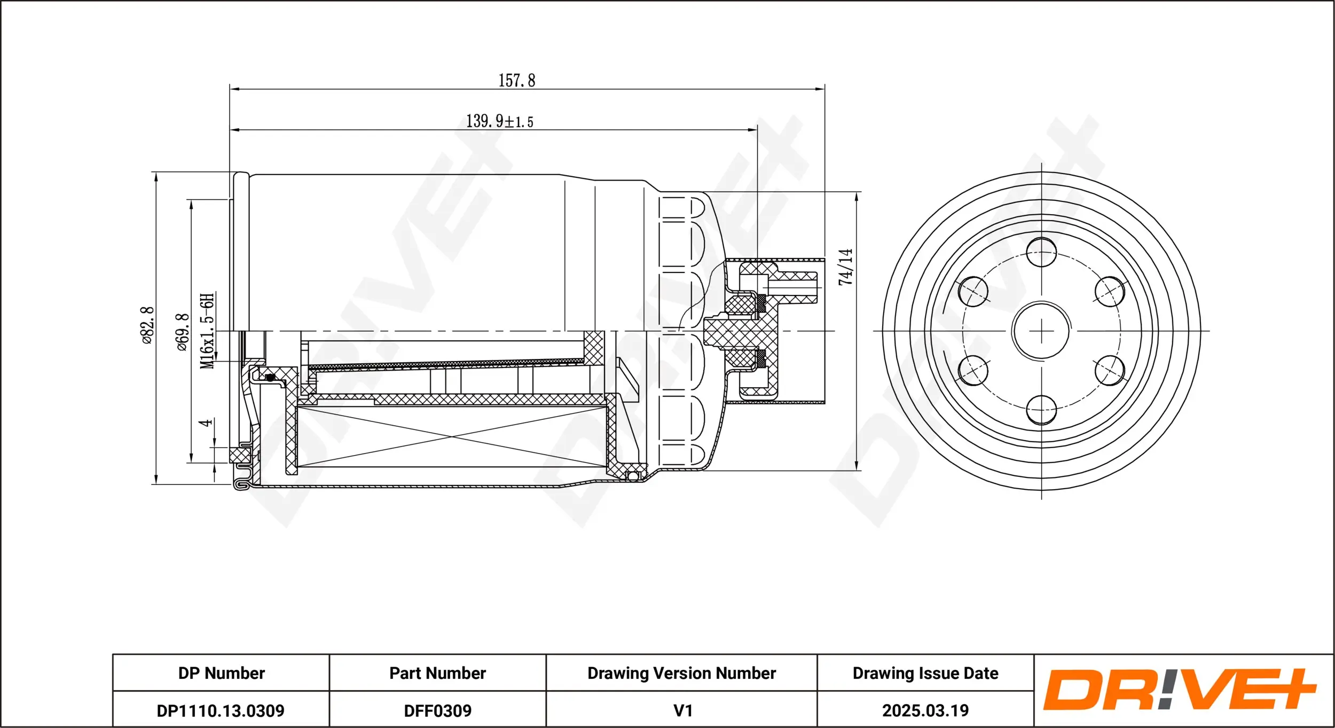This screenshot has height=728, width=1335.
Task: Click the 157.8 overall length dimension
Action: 516,81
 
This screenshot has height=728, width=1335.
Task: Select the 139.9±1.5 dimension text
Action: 499,121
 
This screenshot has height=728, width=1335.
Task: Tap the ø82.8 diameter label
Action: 147,325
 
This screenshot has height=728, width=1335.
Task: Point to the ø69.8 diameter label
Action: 183,332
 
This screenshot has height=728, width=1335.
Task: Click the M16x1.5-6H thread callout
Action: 207,330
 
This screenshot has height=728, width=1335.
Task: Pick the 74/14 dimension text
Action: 845,267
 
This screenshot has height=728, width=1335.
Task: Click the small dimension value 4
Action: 206,423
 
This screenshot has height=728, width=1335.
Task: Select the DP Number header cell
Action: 221,673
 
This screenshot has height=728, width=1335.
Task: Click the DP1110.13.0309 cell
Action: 221,710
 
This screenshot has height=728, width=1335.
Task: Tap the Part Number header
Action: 437,673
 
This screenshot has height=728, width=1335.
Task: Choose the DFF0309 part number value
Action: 437,710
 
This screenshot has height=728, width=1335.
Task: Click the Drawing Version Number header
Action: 681,673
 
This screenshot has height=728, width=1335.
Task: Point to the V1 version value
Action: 682,710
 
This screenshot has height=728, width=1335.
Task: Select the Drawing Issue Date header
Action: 925,673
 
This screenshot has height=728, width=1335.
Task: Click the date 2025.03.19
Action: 925,710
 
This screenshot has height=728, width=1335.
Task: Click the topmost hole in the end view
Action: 1041,252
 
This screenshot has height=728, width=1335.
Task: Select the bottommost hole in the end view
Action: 1041,410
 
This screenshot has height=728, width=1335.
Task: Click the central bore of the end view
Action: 1041,331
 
